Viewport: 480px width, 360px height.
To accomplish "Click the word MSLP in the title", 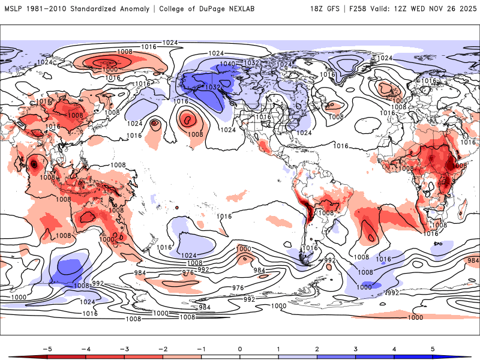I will [14, 9].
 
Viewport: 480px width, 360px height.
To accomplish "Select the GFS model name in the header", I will [335, 9].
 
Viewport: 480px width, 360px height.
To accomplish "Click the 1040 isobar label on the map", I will [227, 64].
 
